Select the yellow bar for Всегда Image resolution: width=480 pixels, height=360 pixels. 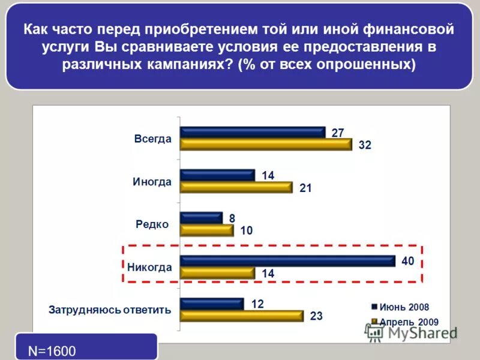[266, 145]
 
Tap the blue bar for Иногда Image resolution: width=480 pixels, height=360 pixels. [218, 175]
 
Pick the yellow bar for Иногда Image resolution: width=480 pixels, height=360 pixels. [236, 187]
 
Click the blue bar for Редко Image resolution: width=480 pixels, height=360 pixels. [202, 218]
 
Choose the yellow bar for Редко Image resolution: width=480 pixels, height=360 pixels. [207, 230]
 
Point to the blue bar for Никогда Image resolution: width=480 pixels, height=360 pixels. [288, 261]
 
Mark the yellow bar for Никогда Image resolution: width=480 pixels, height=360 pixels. [218, 273]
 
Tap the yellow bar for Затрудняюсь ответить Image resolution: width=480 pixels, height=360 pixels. [242, 316]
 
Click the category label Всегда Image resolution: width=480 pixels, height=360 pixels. [152, 139]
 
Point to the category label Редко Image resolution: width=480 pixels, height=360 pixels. [152, 224]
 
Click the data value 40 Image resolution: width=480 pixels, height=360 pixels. [407, 260]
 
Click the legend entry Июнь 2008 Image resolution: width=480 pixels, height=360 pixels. [404, 307]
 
